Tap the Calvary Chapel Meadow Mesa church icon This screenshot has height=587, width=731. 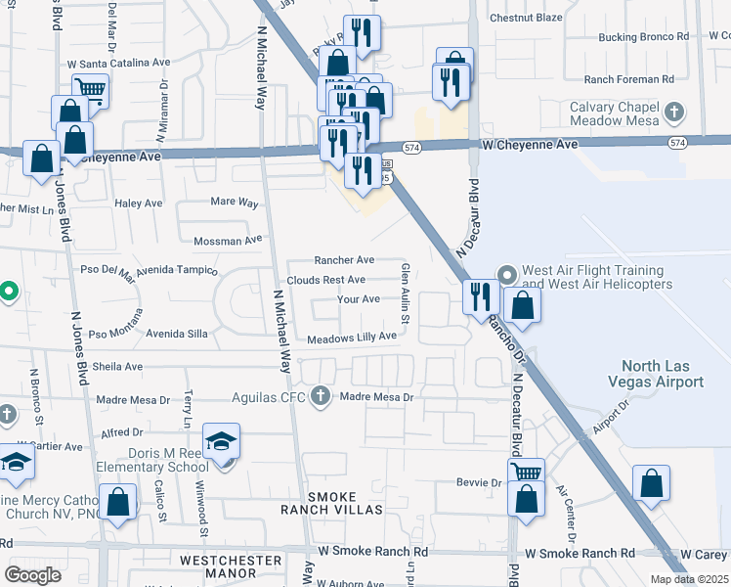pos(673,113)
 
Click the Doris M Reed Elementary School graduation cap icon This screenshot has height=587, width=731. pos(222,441)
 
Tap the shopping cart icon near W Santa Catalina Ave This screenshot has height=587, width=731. pos(90,91)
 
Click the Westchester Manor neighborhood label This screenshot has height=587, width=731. pos(232,561)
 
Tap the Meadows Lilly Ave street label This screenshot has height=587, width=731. pos(352,337)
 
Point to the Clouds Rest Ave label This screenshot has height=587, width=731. pos(326,280)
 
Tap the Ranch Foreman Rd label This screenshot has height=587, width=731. pos(629,79)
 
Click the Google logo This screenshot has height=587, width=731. pos(32,575)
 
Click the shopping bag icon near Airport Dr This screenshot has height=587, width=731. pos(651,483)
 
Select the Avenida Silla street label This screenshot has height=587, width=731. pos(177,334)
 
